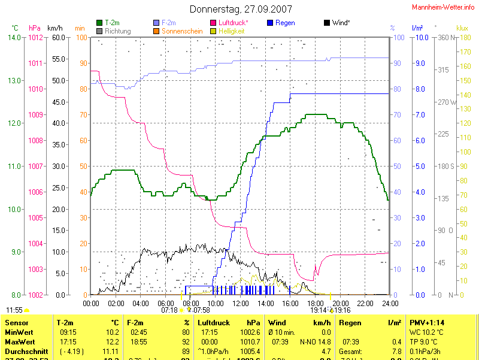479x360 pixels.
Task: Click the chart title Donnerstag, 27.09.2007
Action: (x=241, y=9)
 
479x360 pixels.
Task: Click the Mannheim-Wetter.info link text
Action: (x=444, y=7)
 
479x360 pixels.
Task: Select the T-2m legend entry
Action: (x=110, y=23)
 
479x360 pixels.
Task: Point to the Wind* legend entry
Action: (x=336, y=23)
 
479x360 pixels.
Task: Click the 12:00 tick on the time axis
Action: (x=240, y=303)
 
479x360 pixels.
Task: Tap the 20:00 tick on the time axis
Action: (x=340, y=303)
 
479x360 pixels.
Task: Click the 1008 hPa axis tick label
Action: (x=36, y=140)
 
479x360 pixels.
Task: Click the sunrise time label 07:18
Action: (x=169, y=310)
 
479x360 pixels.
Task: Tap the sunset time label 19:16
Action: (x=342, y=310)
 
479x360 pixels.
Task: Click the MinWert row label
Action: (x=19, y=332)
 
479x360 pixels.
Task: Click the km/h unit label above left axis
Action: (x=54, y=28)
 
